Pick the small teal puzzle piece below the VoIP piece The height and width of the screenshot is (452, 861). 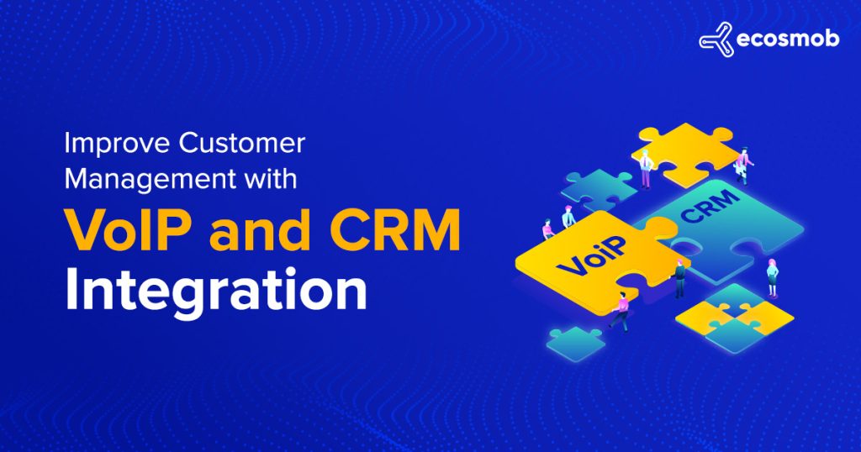(575, 340)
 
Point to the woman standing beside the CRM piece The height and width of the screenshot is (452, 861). (772, 276)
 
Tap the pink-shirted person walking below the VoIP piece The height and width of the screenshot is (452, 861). (621, 312)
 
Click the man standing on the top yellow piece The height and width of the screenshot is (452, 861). (646, 168)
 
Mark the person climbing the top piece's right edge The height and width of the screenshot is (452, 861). (742, 166)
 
